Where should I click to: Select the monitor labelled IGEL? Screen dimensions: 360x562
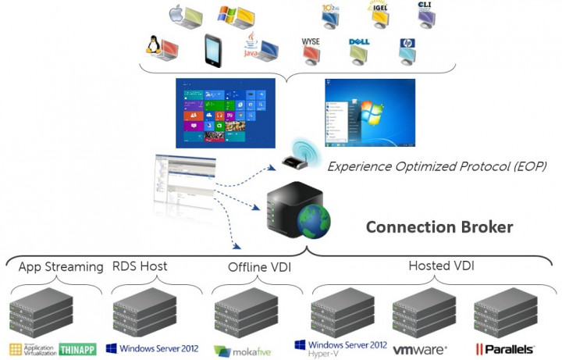379,15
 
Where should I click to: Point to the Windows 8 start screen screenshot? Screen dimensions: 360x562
226,113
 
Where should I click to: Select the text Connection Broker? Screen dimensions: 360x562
439,227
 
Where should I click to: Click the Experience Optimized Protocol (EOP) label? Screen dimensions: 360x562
436,166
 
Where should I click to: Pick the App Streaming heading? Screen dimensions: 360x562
61,267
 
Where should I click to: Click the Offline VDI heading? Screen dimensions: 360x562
258,268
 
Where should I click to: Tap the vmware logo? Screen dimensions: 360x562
419,349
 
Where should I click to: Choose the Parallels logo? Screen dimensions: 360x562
505,349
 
